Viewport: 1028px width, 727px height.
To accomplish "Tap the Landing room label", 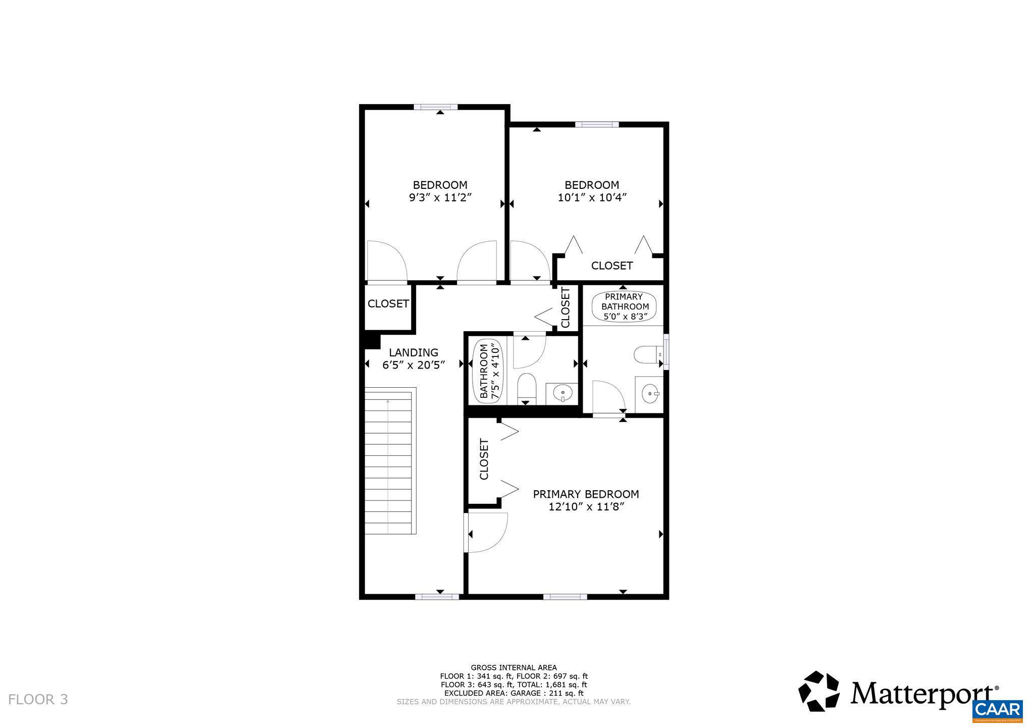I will point(413,352).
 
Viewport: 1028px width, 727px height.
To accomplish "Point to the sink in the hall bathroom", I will point(561,392).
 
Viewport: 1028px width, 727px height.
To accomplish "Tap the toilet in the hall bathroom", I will point(526,388).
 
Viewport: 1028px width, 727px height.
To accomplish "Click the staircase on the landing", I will point(389,460).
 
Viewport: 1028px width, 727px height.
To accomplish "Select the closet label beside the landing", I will point(388,304).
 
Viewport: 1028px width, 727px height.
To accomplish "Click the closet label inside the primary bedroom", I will point(484,459).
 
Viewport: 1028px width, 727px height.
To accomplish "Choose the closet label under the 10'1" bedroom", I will point(611,266).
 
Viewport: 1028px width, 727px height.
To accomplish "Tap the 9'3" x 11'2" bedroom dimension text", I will point(440,197).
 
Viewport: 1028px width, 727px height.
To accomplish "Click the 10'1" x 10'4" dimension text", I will point(592,197).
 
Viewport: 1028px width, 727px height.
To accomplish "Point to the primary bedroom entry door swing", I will point(486,532).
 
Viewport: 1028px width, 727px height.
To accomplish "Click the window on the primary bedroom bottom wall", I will point(565,597).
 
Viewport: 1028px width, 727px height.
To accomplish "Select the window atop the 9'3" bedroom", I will point(435,107).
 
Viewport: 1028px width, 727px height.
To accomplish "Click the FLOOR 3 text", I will point(38,699).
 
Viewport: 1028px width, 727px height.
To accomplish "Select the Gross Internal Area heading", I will point(513,667).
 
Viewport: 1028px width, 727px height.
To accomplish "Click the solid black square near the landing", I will point(372,340).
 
